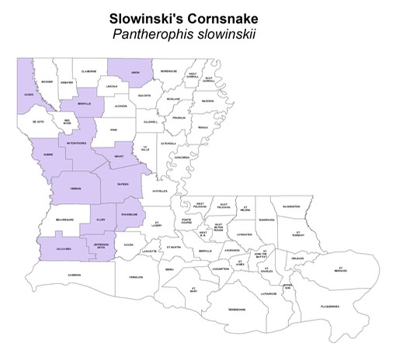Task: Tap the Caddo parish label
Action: pyautogui.click(x=30, y=95)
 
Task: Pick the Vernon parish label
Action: pyautogui.click(x=75, y=189)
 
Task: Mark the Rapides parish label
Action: pyautogui.click(x=123, y=185)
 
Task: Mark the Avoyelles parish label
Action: pyautogui.click(x=159, y=190)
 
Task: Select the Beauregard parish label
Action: pyautogui.click(x=64, y=220)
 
